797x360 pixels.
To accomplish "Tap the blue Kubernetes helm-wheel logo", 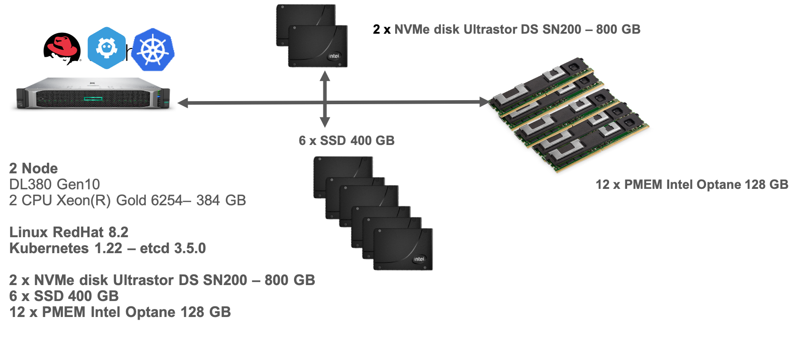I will (x=153, y=50).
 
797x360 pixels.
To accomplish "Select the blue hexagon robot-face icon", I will (x=106, y=48).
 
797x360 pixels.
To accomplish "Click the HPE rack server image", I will (x=93, y=93).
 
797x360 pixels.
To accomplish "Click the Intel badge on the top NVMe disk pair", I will (x=334, y=56).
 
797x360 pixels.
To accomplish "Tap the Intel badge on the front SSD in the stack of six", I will (x=419, y=259).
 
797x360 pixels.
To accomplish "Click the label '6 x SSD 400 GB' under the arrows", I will (x=346, y=141).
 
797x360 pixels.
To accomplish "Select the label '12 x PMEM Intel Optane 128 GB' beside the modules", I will (x=691, y=184).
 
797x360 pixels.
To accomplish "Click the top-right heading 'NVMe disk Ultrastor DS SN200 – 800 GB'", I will (x=517, y=29).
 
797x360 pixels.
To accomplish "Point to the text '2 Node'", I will (x=33, y=168).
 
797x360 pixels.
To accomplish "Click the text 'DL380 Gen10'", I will (x=55, y=184).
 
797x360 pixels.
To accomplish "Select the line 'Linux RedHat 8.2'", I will (x=69, y=232).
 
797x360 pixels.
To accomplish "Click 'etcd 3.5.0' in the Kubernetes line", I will (x=173, y=248).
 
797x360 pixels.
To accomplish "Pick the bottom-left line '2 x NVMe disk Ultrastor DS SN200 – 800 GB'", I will (x=162, y=280).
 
